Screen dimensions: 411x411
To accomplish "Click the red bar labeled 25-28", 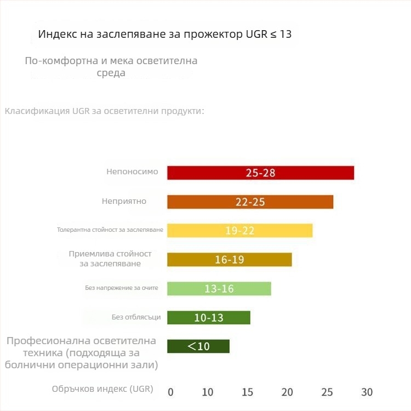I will [x=260, y=173].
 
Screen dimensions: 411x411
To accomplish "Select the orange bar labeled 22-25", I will [x=250, y=202].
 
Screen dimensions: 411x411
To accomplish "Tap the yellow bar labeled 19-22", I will [x=239, y=230].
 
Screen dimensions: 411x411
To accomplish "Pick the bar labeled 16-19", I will [x=229, y=259].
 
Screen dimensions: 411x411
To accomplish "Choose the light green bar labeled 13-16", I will [x=219, y=288].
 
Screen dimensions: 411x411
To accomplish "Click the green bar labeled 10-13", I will [x=208, y=317].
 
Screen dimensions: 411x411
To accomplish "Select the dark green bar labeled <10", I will [x=198, y=346].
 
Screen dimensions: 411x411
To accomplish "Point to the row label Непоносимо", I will [x=132, y=172].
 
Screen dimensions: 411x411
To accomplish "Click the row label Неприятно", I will [x=124, y=201].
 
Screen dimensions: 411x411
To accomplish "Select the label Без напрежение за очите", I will [x=121, y=288].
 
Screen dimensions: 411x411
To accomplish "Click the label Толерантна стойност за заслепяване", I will [x=110, y=230].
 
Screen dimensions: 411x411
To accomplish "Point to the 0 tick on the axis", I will [x=170, y=392].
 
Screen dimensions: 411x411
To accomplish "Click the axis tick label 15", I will [x=248, y=392].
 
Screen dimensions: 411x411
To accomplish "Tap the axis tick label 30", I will [x=367, y=392].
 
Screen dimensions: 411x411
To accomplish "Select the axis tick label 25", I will [x=327, y=392].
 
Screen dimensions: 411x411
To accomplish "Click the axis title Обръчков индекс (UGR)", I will [x=102, y=389].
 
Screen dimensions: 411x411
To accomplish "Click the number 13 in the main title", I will [x=286, y=34].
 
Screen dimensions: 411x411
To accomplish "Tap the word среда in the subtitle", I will [x=111, y=72].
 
